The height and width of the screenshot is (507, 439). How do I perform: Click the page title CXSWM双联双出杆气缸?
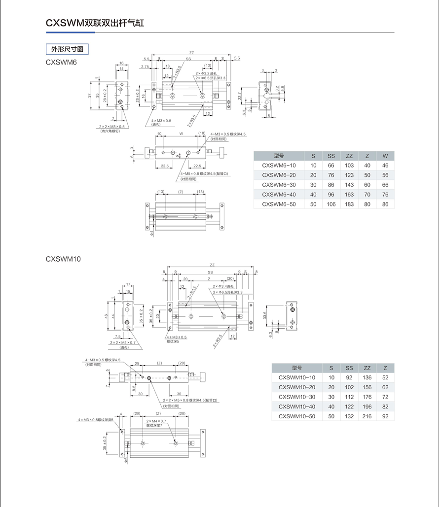pyautogui.click(x=95, y=23)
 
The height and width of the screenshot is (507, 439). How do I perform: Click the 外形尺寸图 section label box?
pyautogui.click(x=67, y=49)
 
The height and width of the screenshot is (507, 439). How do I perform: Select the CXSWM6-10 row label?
pyautogui.click(x=279, y=166)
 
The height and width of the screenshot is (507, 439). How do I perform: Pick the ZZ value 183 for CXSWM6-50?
pyautogui.click(x=349, y=204)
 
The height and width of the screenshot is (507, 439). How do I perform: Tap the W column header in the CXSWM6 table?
pyautogui.click(x=385, y=156)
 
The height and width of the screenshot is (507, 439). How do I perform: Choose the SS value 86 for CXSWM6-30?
pyautogui.click(x=331, y=185)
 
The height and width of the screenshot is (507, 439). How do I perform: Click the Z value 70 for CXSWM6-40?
pyautogui.click(x=367, y=194)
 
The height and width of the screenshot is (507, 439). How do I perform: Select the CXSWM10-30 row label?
pyautogui.click(x=296, y=397)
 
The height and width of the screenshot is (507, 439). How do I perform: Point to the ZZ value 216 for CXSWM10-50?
pyautogui.click(x=367, y=416)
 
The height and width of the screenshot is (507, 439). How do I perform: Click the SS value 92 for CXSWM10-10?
pyautogui.click(x=349, y=378)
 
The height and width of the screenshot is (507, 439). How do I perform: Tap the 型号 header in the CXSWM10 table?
pyautogui.click(x=296, y=368)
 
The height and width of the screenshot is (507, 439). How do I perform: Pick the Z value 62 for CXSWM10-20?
pyautogui.click(x=385, y=387)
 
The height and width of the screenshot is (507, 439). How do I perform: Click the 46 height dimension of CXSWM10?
pyautogui.click(x=107, y=316)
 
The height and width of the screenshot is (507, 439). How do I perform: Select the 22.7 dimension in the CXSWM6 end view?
pyautogui.click(x=239, y=95)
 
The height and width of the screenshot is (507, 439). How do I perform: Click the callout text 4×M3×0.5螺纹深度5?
pyautogui.click(x=96, y=420)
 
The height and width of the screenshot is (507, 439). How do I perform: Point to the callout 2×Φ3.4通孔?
pyautogui.click(x=223, y=286)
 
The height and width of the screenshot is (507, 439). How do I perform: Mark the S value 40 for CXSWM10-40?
pyautogui.click(x=331, y=407)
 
